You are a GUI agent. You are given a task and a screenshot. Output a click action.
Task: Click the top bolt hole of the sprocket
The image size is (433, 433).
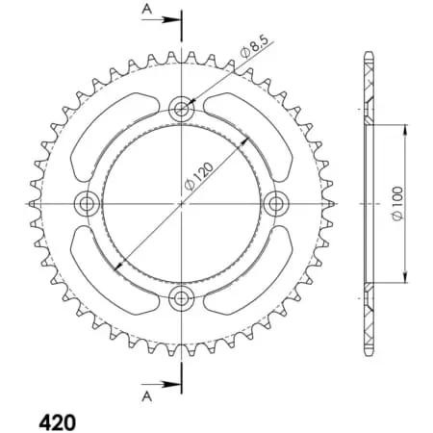pyautogui.click(x=182, y=108)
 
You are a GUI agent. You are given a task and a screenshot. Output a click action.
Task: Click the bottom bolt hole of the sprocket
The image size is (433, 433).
pyautogui.click(x=182, y=296)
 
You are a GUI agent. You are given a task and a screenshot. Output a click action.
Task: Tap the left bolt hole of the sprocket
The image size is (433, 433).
pyautogui.click(x=88, y=203)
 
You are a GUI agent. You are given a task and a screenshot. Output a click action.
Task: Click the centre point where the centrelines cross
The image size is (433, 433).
pyautogui.click(x=182, y=203)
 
